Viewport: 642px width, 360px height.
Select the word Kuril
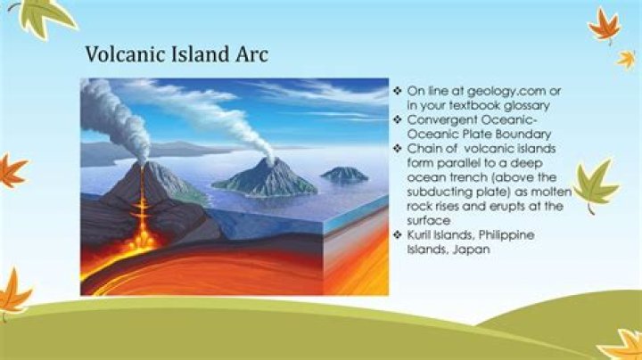tap(418, 235)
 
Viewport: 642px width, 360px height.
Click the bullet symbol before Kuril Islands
tap(397, 235)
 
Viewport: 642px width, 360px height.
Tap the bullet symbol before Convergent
tap(397, 119)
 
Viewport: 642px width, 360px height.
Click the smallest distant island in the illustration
tap(345, 175)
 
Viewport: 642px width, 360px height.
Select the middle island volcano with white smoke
tap(266, 179)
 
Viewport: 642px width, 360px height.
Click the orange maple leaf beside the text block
tap(605, 25)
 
